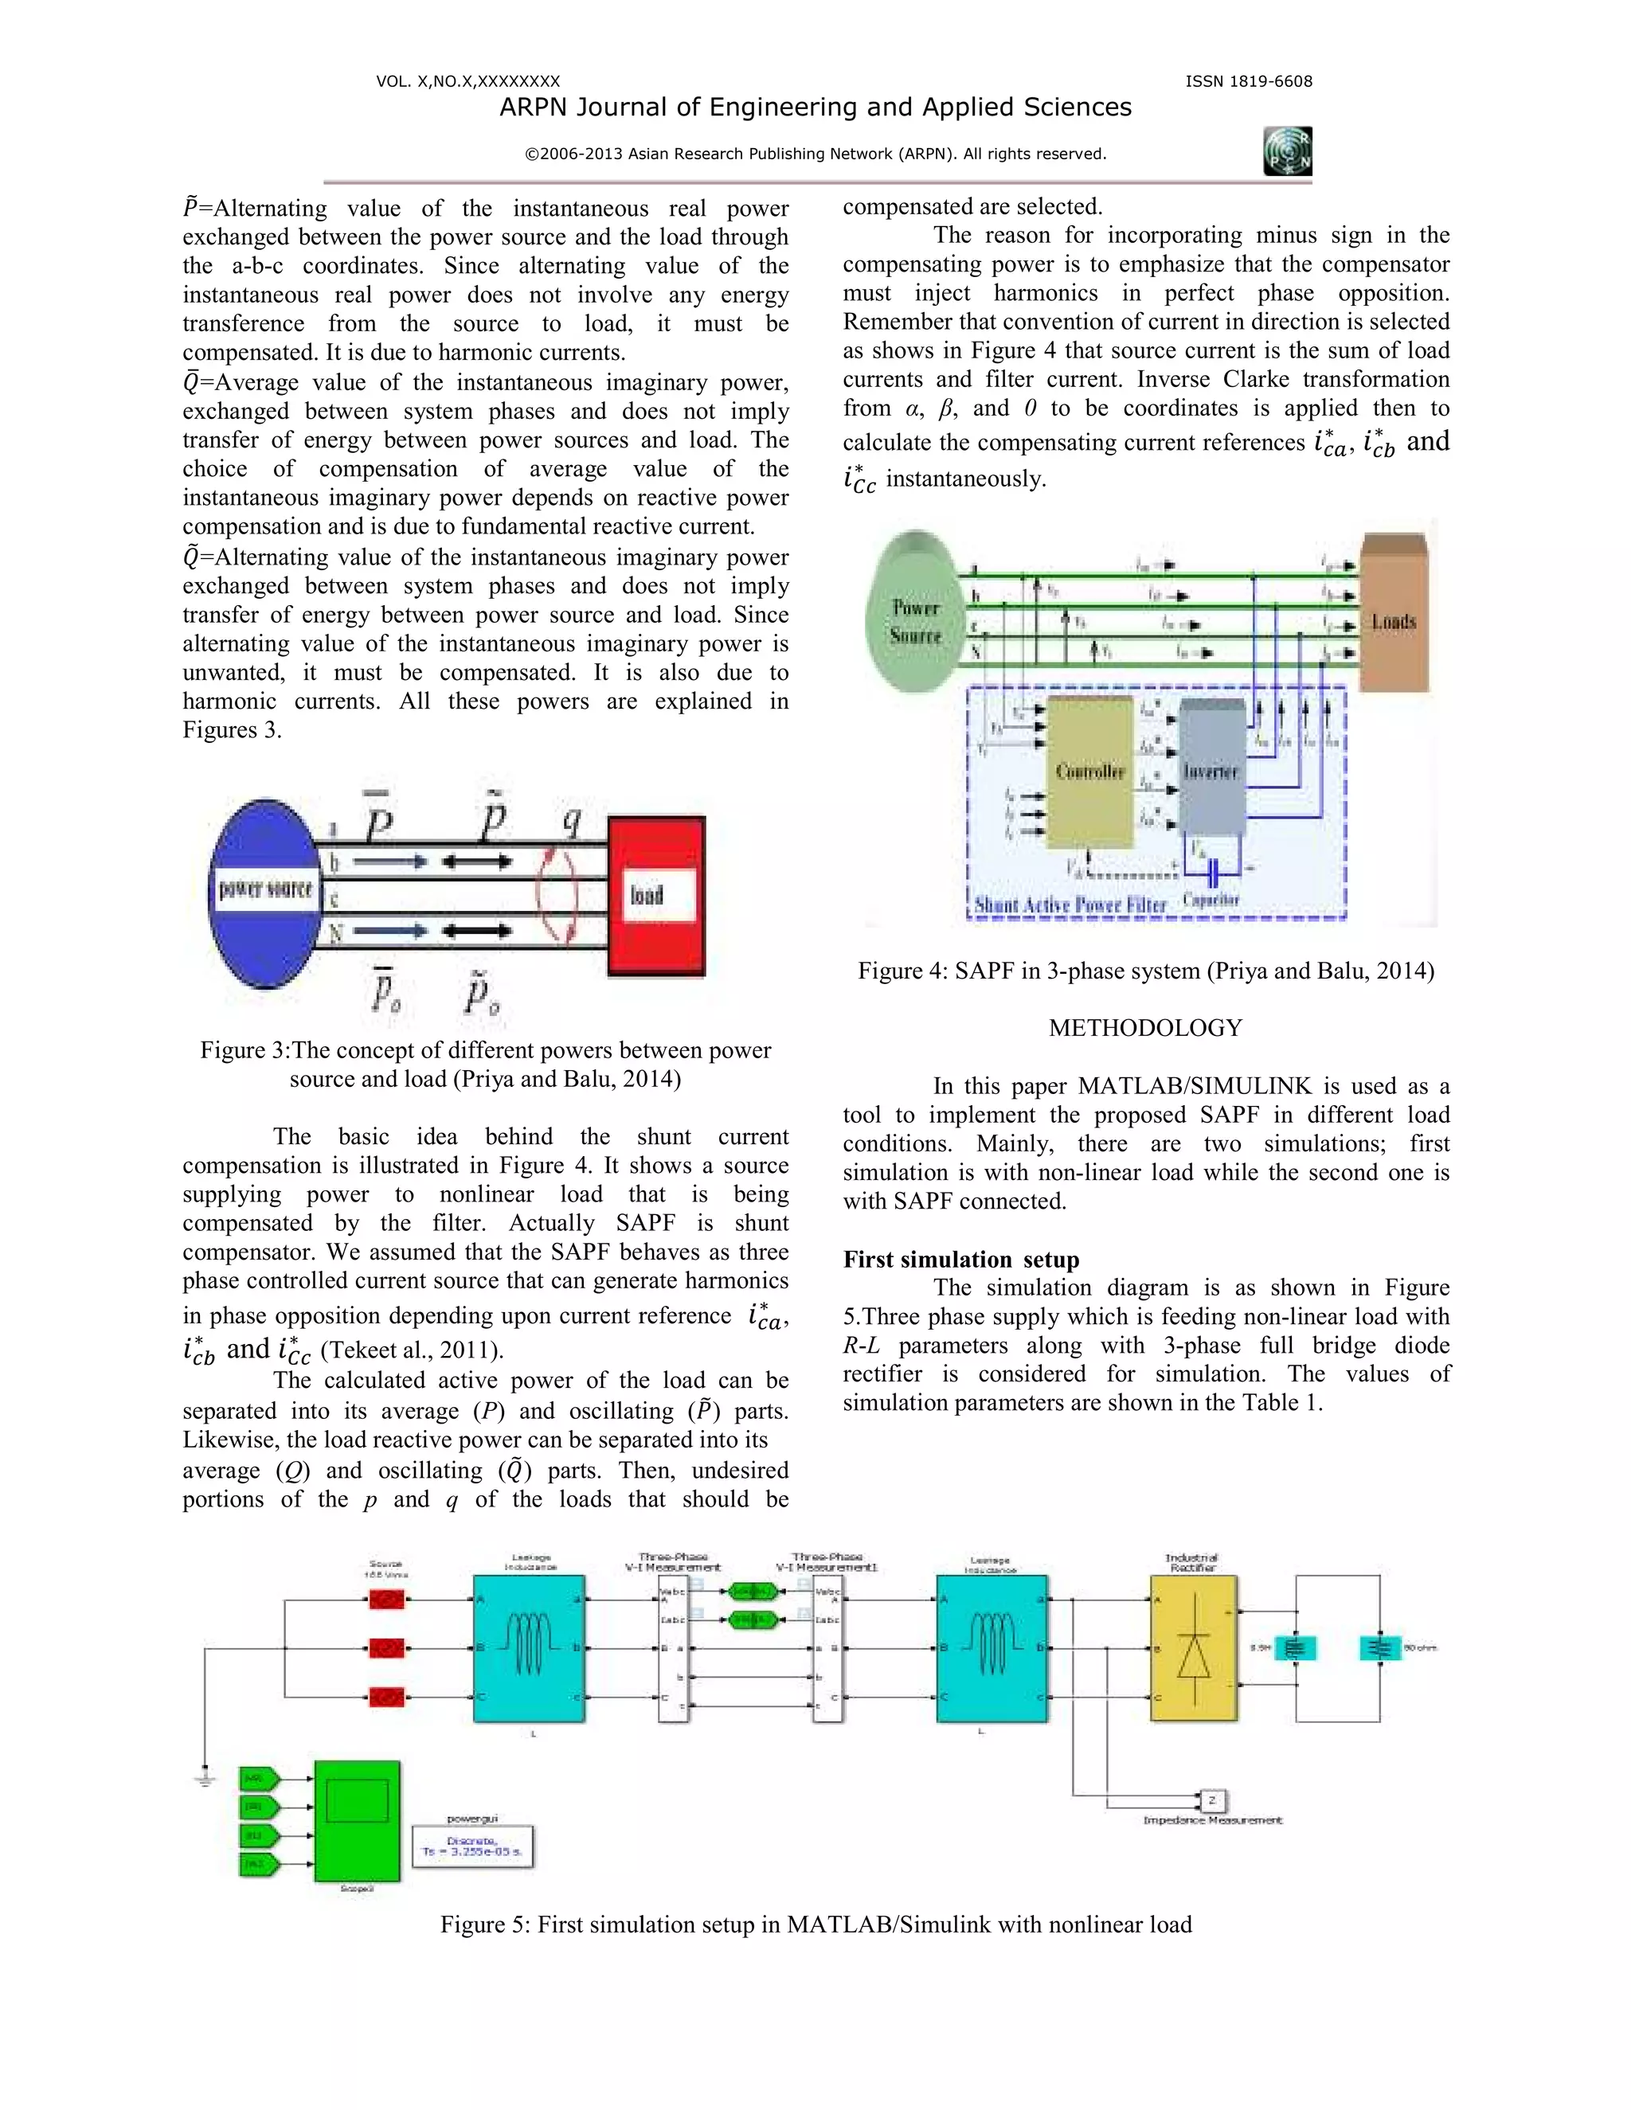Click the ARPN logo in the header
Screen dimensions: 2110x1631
click(x=1287, y=151)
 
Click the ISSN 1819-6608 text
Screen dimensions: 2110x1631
click(x=1249, y=82)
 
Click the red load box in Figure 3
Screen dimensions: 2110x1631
click(x=656, y=896)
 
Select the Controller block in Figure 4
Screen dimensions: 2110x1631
click(x=1090, y=771)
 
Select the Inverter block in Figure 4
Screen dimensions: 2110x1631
click(x=1211, y=771)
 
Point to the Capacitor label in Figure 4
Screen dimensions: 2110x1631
click(x=1211, y=901)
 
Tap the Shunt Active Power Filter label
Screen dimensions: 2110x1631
click(x=1070, y=905)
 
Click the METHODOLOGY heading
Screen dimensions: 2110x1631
click(x=1145, y=1028)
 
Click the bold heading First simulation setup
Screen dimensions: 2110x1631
click(x=960, y=1260)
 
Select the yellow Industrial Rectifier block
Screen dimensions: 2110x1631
click(x=1193, y=1648)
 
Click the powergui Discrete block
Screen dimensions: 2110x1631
click(x=472, y=1846)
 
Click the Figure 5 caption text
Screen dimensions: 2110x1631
click(x=815, y=1924)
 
